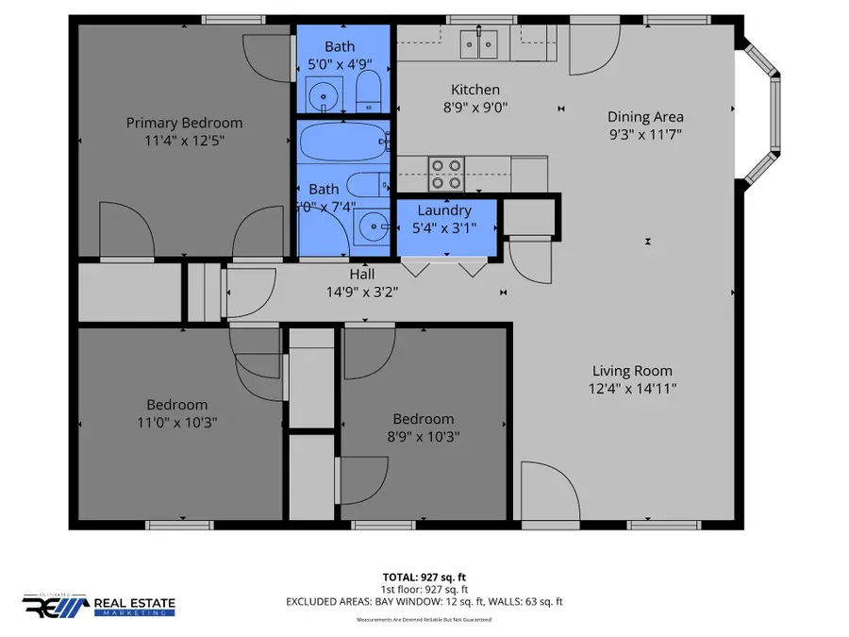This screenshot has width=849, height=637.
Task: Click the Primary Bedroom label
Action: pyautogui.click(x=184, y=123)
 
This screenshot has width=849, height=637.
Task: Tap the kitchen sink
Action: pyautogui.click(x=479, y=42)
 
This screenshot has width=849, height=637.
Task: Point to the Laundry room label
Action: pyautogui.click(x=444, y=210)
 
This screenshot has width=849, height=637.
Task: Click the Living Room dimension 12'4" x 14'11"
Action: pyautogui.click(x=632, y=388)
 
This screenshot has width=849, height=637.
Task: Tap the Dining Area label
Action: pyautogui.click(x=645, y=117)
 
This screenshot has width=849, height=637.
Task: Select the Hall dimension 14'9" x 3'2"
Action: pyautogui.click(x=362, y=292)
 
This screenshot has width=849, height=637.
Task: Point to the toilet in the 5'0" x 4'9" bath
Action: pyautogui.click(x=368, y=92)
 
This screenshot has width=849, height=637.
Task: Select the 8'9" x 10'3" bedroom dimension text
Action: pyautogui.click(x=423, y=436)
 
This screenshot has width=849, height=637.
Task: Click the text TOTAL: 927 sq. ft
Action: pyautogui.click(x=424, y=576)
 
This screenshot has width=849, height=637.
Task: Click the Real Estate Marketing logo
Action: pyautogui.click(x=99, y=606)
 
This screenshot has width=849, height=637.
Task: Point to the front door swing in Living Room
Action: pyautogui.click(x=544, y=491)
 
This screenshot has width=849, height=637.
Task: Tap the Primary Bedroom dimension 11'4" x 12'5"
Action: pyautogui.click(x=184, y=140)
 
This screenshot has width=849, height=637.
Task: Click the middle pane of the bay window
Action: pyautogui.click(x=777, y=114)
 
